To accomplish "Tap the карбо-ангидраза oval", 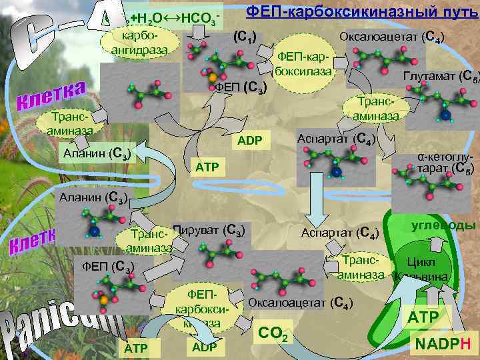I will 141,41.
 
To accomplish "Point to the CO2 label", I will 273,333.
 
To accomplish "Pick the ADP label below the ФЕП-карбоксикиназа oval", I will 207,347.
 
